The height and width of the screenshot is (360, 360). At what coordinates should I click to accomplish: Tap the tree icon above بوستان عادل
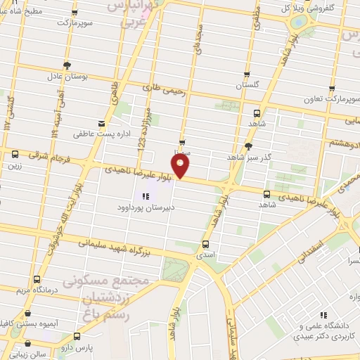(67, 65)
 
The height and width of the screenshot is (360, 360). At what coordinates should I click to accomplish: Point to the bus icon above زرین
(15, 154)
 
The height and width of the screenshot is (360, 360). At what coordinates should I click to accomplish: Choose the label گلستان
(247, 84)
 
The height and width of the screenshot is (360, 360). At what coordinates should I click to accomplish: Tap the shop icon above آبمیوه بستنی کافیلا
(27, 314)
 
